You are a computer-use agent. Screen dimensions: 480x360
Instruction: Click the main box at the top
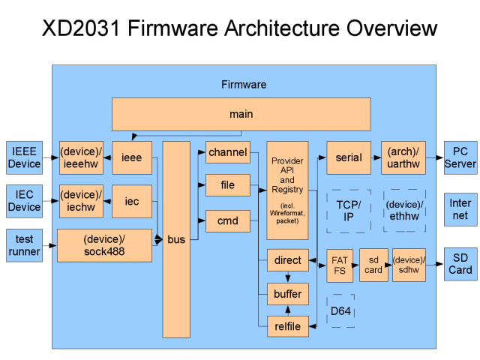pyautogui.click(x=241, y=114)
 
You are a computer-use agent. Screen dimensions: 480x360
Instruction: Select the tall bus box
pyautogui.click(x=176, y=239)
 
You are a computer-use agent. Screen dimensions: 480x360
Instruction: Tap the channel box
pyautogui.click(x=228, y=152)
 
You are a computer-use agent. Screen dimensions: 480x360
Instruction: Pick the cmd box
pyautogui.click(x=228, y=220)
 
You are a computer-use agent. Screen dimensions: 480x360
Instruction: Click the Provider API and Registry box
pyautogui.click(x=287, y=190)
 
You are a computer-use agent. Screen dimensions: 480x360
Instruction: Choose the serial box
pyautogui.click(x=349, y=157)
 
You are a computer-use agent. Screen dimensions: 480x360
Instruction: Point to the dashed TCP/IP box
pyautogui.click(x=349, y=211)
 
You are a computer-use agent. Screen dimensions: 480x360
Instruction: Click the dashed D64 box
pyautogui.click(x=340, y=311)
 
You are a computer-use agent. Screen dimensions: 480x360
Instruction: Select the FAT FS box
pyautogui.click(x=340, y=265)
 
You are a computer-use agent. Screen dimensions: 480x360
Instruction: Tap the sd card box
pyautogui.click(x=373, y=265)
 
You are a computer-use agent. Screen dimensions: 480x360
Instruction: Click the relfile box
pyautogui.click(x=288, y=326)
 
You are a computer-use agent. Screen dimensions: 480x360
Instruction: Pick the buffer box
pyautogui.click(x=288, y=294)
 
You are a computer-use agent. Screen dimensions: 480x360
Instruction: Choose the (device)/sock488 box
pyautogui.click(x=104, y=245)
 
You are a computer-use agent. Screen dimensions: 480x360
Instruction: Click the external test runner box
pyautogui.click(x=24, y=245)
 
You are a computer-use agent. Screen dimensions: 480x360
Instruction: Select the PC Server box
pyautogui.click(x=460, y=157)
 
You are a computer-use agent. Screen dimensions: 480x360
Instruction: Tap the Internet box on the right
pyautogui.click(x=460, y=209)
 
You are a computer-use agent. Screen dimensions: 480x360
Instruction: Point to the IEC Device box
pyautogui.click(x=24, y=201)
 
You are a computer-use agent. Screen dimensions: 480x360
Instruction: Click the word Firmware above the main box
pyautogui.click(x=244, y=85)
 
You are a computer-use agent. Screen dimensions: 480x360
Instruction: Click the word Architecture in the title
pyautogui.click(x=282, y=28)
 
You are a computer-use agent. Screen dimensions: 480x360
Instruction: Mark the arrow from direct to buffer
pyautogui.click(x=288, y=277)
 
